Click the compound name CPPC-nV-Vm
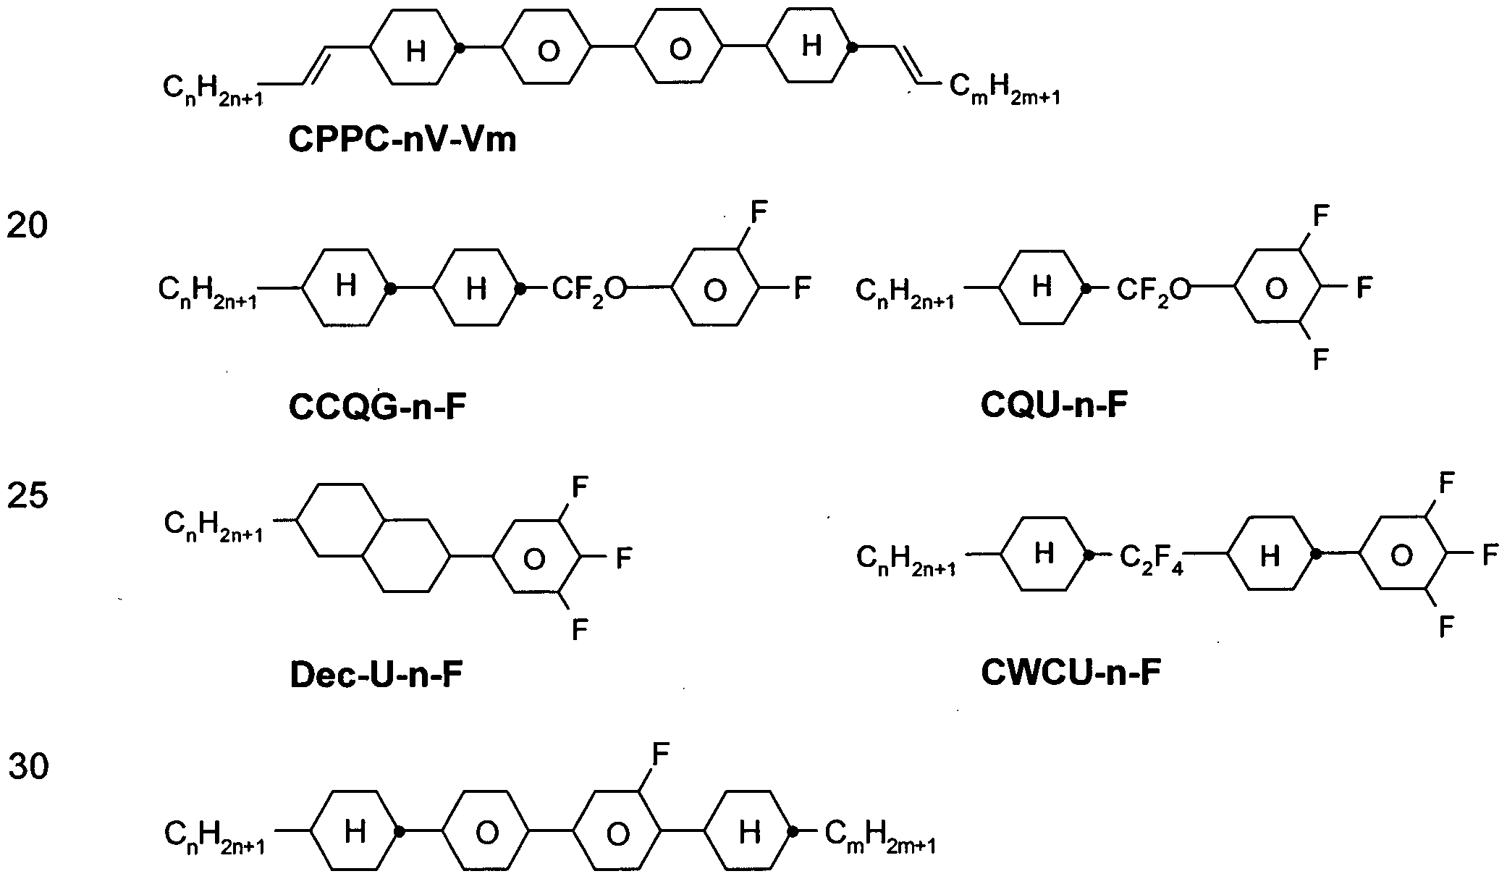click(402, 139)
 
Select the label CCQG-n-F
click(376, 408)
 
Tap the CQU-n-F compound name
click(1054, 405)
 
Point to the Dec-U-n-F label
click(376, 675)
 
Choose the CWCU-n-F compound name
click(1071, 673)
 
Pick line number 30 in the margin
click(28, 767)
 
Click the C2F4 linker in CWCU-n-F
click(1152, 559)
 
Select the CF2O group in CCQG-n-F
click(590, 291)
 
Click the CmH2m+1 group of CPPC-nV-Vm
click(1005, 90)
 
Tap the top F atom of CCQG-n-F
click(758, 213)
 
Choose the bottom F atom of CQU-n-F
click(1321, 359)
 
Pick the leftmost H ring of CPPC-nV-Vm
click(415, 49)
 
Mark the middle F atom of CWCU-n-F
click(1490, 555)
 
